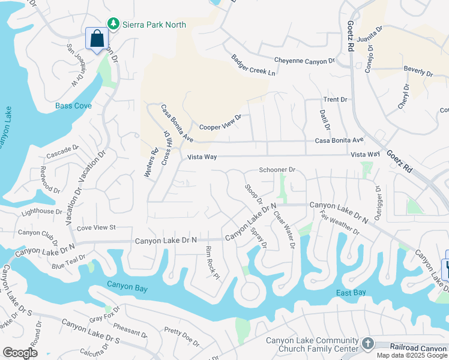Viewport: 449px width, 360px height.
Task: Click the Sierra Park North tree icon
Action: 112,24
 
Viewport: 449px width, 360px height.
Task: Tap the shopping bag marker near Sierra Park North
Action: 97,40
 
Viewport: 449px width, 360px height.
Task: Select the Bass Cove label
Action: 73,106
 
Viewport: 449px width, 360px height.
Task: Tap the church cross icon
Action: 367,344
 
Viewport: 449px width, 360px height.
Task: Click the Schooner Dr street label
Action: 277,170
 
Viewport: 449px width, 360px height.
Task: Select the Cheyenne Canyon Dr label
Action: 304,61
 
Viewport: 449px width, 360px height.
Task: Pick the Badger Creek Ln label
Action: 253,65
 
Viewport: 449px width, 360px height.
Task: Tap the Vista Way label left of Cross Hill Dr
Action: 201,157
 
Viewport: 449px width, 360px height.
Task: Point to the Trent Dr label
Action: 336,99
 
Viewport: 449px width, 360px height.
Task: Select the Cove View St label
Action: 96,227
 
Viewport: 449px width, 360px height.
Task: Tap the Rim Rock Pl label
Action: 213,262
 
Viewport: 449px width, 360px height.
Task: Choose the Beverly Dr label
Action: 418,71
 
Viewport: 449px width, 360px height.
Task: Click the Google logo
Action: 20,353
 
